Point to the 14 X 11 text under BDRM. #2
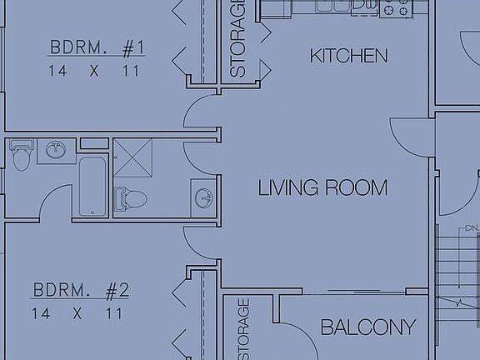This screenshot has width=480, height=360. pyautogui.click(x=77, y=314)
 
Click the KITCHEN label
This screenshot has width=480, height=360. pyautogui.click(x=348, y=57)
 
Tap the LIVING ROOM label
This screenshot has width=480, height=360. pyautogui.click(x=322, y=187)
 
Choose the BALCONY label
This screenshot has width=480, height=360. pyautogui.click(x=367, y=327)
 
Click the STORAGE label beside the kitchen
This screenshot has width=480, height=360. pyautogui.click(x=237, y=39)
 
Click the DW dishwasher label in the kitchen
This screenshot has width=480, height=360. pyautogui.click(x=364, y=5)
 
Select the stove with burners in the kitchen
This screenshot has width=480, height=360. pyautogui.click(x=397, y=7)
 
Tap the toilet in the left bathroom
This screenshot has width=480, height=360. pyautogui.click(x=20, y=153)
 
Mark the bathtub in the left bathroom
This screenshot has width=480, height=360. pyautogui.click(x=92, y=185)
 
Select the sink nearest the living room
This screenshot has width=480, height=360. pyautogui.click(x=202, y=198)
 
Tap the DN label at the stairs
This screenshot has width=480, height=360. pyautogui.click(x=472, y=227)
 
